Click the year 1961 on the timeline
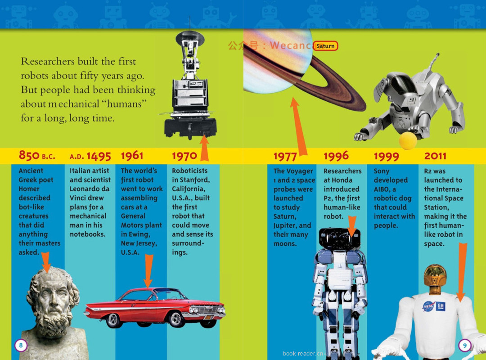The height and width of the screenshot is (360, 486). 132,156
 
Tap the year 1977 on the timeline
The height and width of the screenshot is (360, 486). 285,157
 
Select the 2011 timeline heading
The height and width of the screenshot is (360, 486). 435,156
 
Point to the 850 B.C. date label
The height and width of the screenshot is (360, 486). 37,156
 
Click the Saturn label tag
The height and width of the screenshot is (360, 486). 325,46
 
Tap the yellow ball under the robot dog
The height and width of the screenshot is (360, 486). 408,140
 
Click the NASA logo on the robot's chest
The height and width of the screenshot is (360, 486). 428,306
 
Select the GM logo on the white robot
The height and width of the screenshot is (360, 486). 441,306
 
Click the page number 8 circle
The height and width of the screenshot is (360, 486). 21,345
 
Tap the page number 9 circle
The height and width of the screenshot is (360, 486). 464,345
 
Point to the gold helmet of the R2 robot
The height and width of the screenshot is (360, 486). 435,275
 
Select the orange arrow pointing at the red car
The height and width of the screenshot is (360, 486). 148,270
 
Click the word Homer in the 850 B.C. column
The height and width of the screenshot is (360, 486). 29,189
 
